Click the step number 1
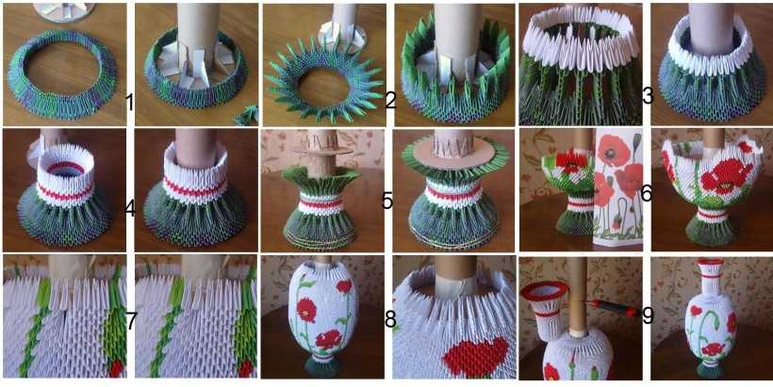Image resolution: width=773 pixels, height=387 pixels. tap(130, 104)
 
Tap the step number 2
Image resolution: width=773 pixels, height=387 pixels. tap(390, 100)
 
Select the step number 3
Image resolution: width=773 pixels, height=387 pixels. tap(648, 96)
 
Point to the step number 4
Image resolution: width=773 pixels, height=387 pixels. tap(130, 209)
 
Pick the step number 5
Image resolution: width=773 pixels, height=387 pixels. tap(387, 201)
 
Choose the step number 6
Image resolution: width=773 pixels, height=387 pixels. tap(647, 194)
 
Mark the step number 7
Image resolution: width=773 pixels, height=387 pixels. tap(131, 321)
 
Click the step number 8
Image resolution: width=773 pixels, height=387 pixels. tap(390, 320)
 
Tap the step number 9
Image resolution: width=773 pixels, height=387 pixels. tap(648, 316)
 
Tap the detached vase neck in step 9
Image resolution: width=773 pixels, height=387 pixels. tap(545, 309)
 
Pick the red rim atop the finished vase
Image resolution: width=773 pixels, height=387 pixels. tap(710, 263)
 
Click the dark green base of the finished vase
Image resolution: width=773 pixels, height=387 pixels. tap(708, 370)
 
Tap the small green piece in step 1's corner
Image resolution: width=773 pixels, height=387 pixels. tap(245, 116)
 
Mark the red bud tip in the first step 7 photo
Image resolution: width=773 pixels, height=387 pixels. tap(115, 368)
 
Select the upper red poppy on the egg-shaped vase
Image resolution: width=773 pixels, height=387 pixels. tap(305, 310)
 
